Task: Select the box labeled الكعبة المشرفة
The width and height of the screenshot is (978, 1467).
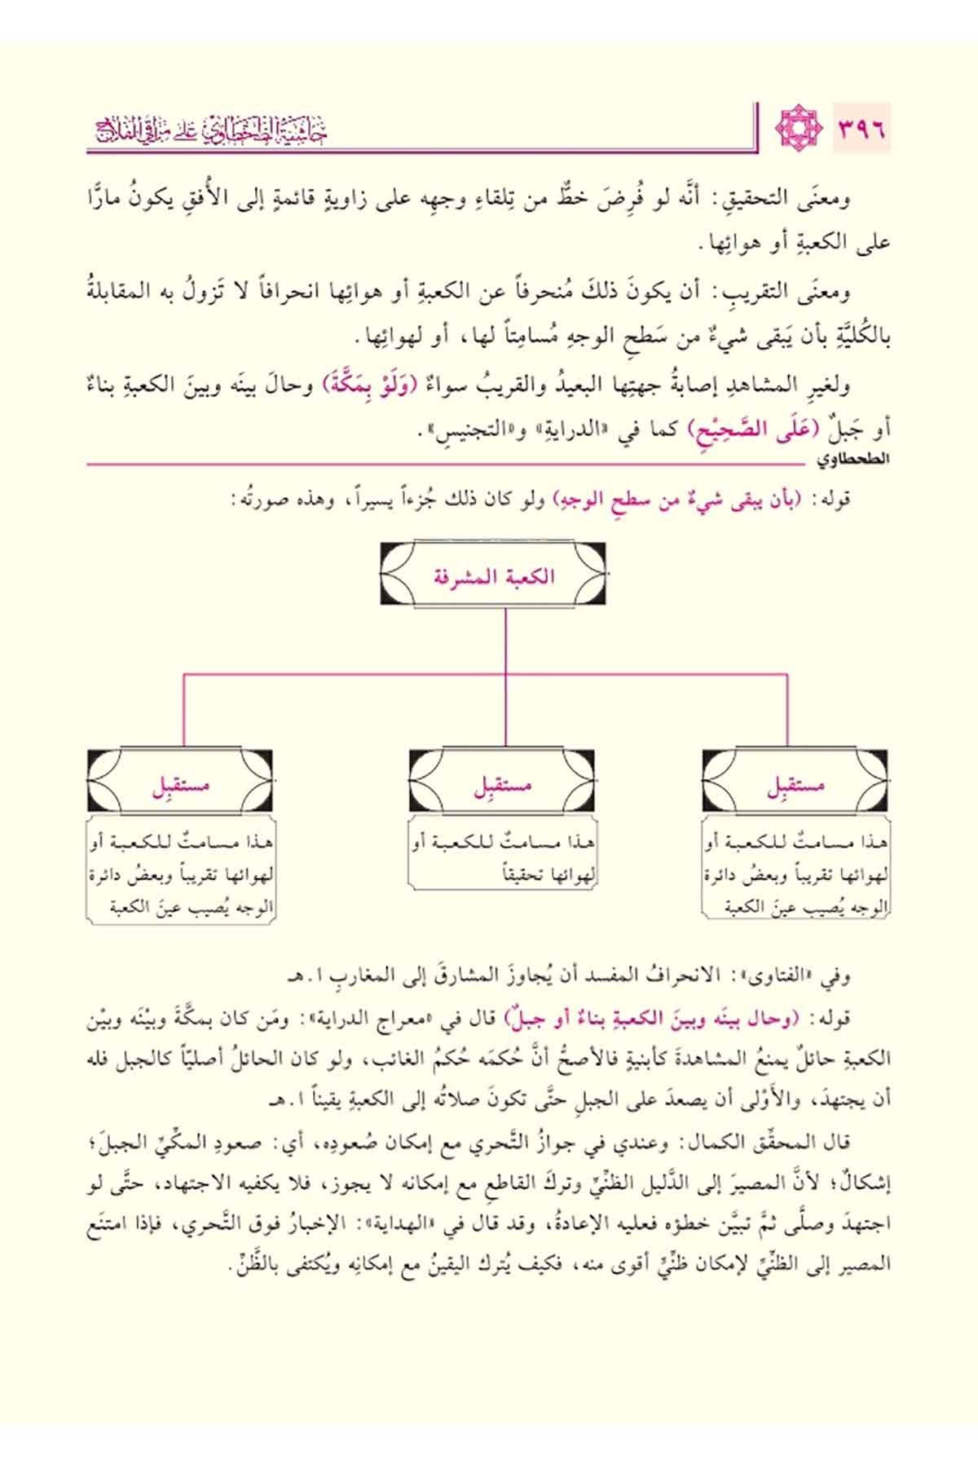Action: tap(492, 576)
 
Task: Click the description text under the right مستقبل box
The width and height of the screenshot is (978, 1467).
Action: tap(795, 872)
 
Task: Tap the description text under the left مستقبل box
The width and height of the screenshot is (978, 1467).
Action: tap(180, 872)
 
